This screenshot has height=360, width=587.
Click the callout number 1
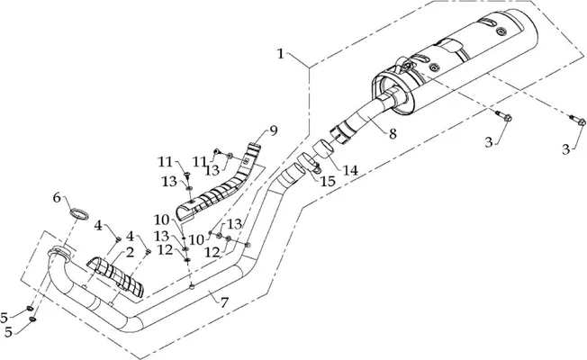point(280,54)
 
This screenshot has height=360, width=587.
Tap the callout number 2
point(130,253)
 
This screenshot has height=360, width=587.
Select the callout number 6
point(57,198)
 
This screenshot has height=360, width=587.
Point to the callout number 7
point(224,302)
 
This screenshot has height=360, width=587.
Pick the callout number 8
point(393,133)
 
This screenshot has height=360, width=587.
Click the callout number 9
point(274,131)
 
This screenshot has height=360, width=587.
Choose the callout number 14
point(351,171)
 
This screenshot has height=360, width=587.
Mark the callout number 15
point(328,182)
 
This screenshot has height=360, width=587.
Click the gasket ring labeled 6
point(79,214)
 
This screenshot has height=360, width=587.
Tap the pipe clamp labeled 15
point(309,164)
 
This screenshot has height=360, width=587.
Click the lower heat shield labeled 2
point(116,276)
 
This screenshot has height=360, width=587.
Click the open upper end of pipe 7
point(293,174)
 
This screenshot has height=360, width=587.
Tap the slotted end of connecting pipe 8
point(340,136)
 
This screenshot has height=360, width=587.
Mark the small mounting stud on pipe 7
point(193,287)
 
